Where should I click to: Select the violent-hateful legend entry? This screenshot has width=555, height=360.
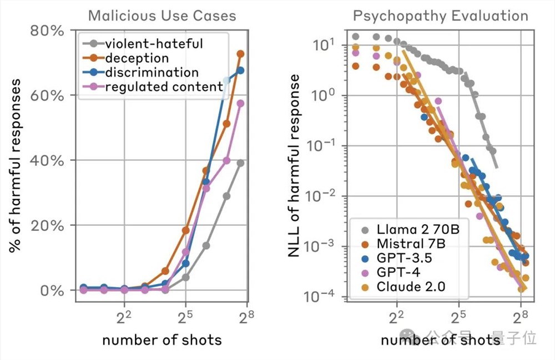[x=147, y=43]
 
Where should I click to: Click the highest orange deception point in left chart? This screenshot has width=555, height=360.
[x=240, y=54]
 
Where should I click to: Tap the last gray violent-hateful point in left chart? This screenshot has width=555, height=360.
[x=240, y=163]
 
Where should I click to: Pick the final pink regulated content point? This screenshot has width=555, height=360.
[x=240, y=103]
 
